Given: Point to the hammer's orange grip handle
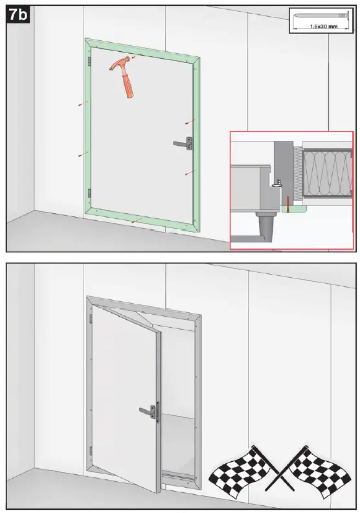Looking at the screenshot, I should (x=129, y=85).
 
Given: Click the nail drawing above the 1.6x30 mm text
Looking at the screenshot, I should (x=320, y=16).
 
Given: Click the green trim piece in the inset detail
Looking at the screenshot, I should (x=295, y=209).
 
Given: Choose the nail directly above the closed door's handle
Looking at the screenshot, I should (x=188, y=121).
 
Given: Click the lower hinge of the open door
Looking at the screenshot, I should (x=91, y=450).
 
